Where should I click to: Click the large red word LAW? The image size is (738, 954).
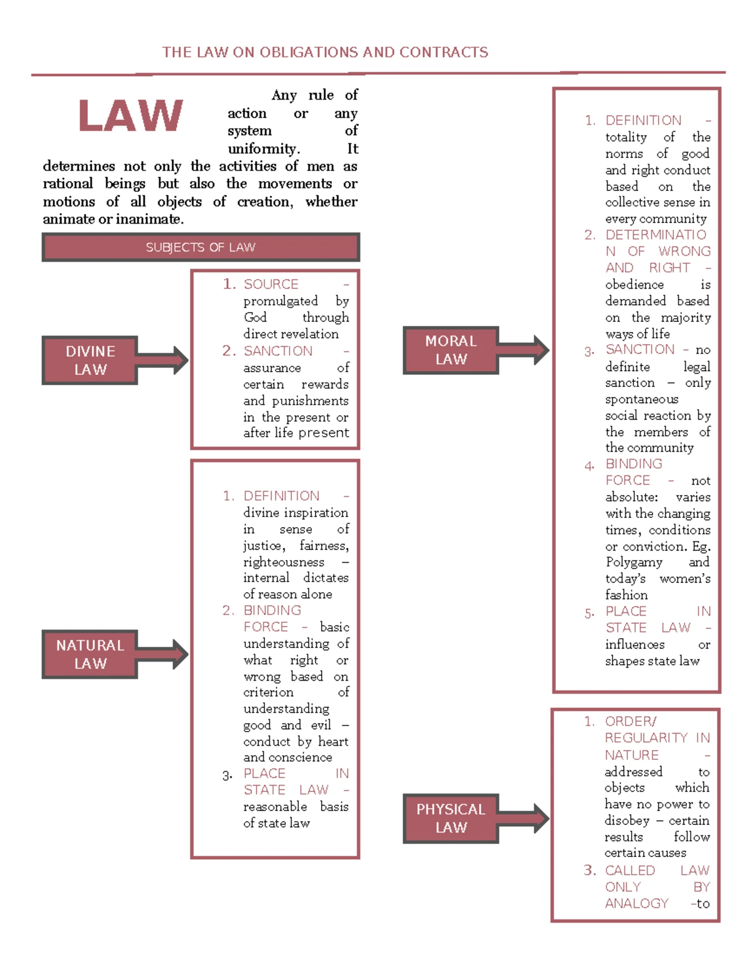[130, 116]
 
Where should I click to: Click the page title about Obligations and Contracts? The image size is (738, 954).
[325, 52]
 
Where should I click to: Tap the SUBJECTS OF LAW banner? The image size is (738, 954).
[200, 248]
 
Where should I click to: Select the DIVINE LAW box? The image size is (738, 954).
[90, 361]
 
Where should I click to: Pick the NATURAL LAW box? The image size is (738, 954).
[90, 654]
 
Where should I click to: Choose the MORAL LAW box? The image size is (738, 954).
[451, 350]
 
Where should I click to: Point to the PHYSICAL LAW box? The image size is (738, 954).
[451, 818]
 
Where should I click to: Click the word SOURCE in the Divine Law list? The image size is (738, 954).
[271, 284]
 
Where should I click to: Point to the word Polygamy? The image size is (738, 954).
[634, 562]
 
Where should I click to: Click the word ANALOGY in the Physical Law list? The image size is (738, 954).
[637, 904]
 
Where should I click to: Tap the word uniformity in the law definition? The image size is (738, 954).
[263, 149]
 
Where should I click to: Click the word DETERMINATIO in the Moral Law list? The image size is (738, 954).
[656, 235]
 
